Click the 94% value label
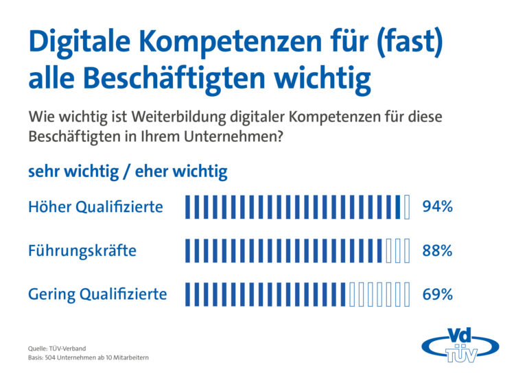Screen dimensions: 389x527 (437, 207)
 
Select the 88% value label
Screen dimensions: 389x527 (437, 251)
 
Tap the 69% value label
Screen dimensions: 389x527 (437, 294)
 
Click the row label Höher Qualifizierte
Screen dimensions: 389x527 (95, 207)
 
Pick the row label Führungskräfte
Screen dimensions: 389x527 (82, 251)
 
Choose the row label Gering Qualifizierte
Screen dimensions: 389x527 (97, 294)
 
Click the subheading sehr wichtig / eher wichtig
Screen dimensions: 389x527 (128, 172)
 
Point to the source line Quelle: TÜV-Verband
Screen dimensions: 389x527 (57, 349)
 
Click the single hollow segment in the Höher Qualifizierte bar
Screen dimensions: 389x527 (407, 207)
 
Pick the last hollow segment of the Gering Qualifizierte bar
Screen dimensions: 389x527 (407, 294)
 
